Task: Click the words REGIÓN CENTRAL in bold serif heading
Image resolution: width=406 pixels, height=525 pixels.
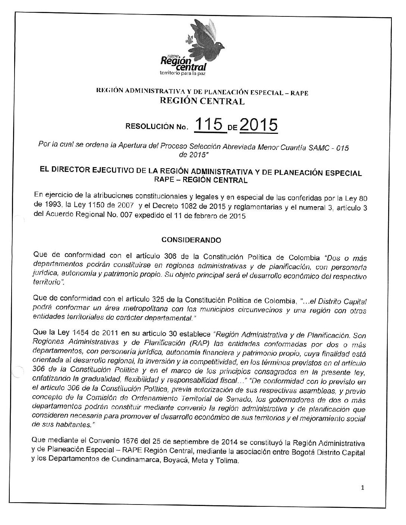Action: pos(202,101)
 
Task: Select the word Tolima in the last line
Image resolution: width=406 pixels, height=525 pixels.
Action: pos(228,461)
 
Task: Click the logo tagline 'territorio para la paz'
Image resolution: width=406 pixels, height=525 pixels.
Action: pos(182,73)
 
